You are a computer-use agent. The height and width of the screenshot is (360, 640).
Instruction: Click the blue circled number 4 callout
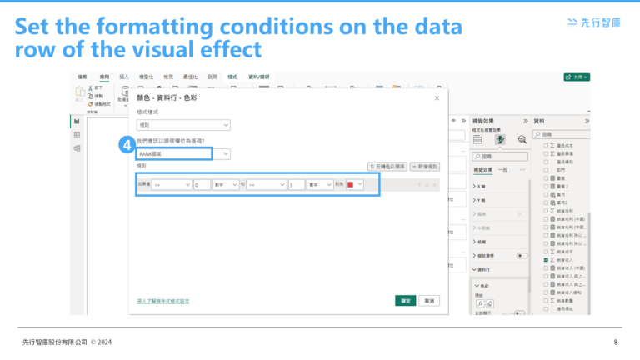pos(125,145)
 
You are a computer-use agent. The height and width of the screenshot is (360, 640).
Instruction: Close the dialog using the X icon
pos(437,98)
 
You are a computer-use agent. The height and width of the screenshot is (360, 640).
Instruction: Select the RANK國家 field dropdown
pos(183,154)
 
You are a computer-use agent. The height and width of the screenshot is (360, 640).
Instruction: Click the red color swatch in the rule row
pos(351,185)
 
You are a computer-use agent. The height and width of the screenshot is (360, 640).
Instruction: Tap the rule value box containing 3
pos(296,185)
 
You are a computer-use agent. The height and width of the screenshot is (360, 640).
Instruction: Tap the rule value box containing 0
pos(201,185)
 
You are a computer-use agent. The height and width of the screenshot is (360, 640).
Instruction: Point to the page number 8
pos(615,342)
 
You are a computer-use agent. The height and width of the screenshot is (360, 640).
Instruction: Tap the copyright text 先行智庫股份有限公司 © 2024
pos(67,342)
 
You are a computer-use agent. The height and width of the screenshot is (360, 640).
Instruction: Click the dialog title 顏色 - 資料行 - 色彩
pos(167,98)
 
